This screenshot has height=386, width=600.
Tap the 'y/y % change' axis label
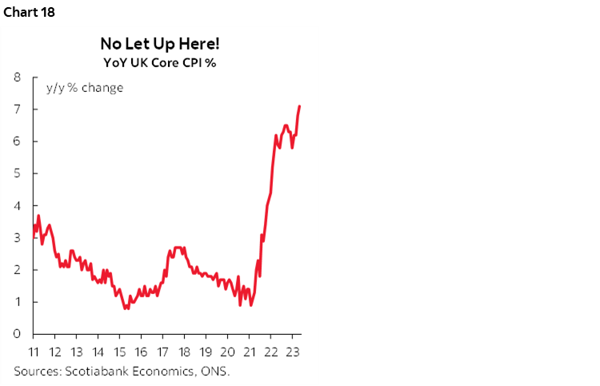point(84,87)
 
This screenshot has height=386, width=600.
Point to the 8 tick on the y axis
point(16,78)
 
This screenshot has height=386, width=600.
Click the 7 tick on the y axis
point(16,109)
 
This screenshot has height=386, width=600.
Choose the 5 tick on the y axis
point(16,173)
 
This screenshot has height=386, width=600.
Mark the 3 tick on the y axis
point(16,237)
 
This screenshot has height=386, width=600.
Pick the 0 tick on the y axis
point(16,334)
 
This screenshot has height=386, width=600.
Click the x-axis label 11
point(34,352)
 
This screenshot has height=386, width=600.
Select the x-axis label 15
point(119,352)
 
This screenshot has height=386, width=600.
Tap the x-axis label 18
point(183,352)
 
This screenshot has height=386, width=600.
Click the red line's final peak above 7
point(299,106)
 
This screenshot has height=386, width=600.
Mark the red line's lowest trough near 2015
point(126,308)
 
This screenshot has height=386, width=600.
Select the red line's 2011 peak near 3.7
point(38,216)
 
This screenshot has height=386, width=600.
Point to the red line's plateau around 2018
point(179,248)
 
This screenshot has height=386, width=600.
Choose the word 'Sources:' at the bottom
point(37,371)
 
